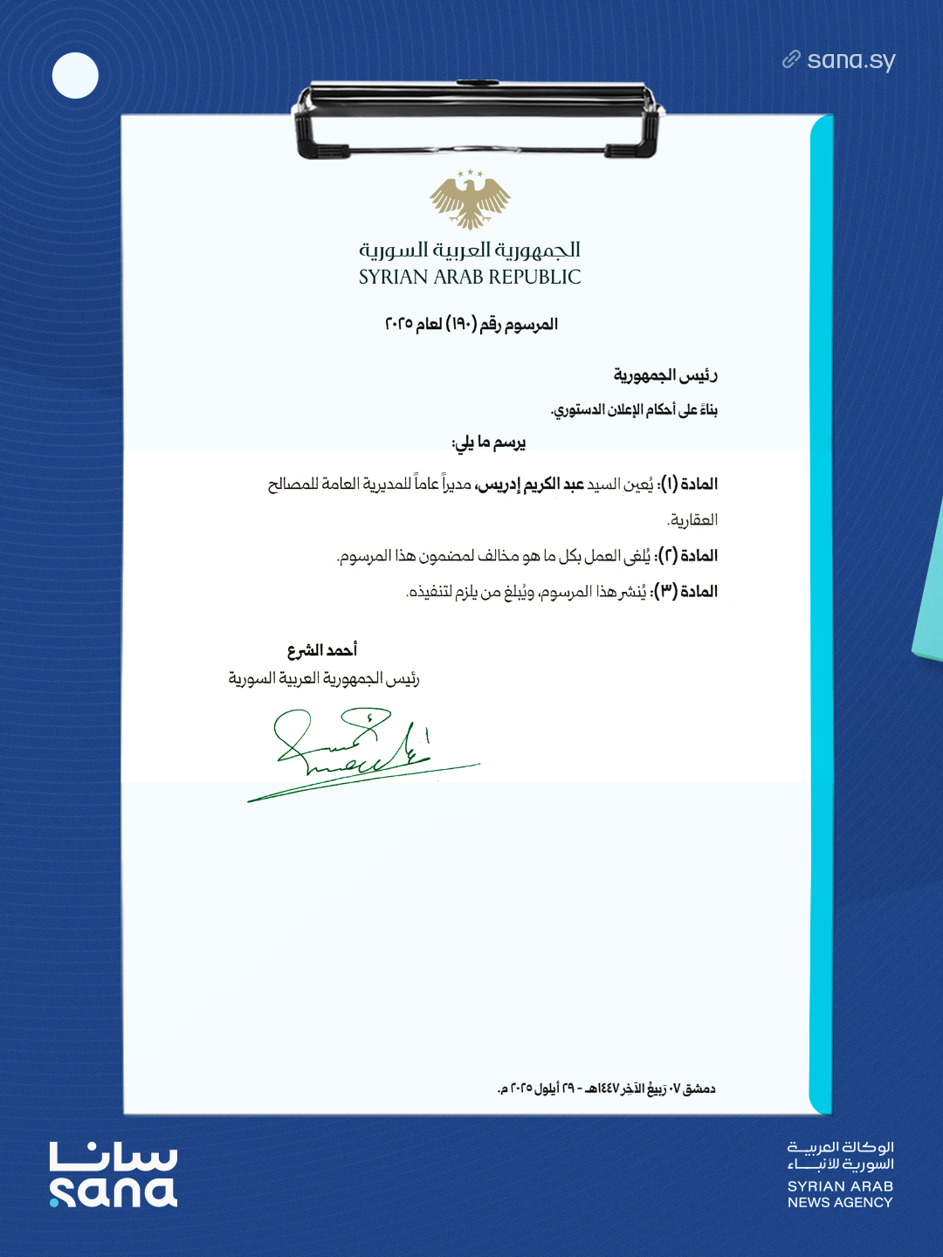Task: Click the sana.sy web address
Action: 850,60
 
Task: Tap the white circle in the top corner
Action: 75,75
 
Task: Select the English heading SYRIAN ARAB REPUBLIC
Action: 470,278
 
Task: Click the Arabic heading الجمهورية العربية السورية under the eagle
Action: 470,251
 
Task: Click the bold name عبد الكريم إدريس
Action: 529,484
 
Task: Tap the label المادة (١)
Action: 689,484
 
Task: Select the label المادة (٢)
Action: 689,556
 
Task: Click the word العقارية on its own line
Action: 692,520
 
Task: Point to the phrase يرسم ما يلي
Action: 488,443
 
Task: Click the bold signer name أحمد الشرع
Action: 322,650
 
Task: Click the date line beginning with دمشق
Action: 606,1089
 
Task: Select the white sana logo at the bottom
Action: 114,1175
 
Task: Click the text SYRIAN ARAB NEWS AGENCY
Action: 840,1194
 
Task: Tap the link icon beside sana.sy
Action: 791,59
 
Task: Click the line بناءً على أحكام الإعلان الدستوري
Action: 634,409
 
